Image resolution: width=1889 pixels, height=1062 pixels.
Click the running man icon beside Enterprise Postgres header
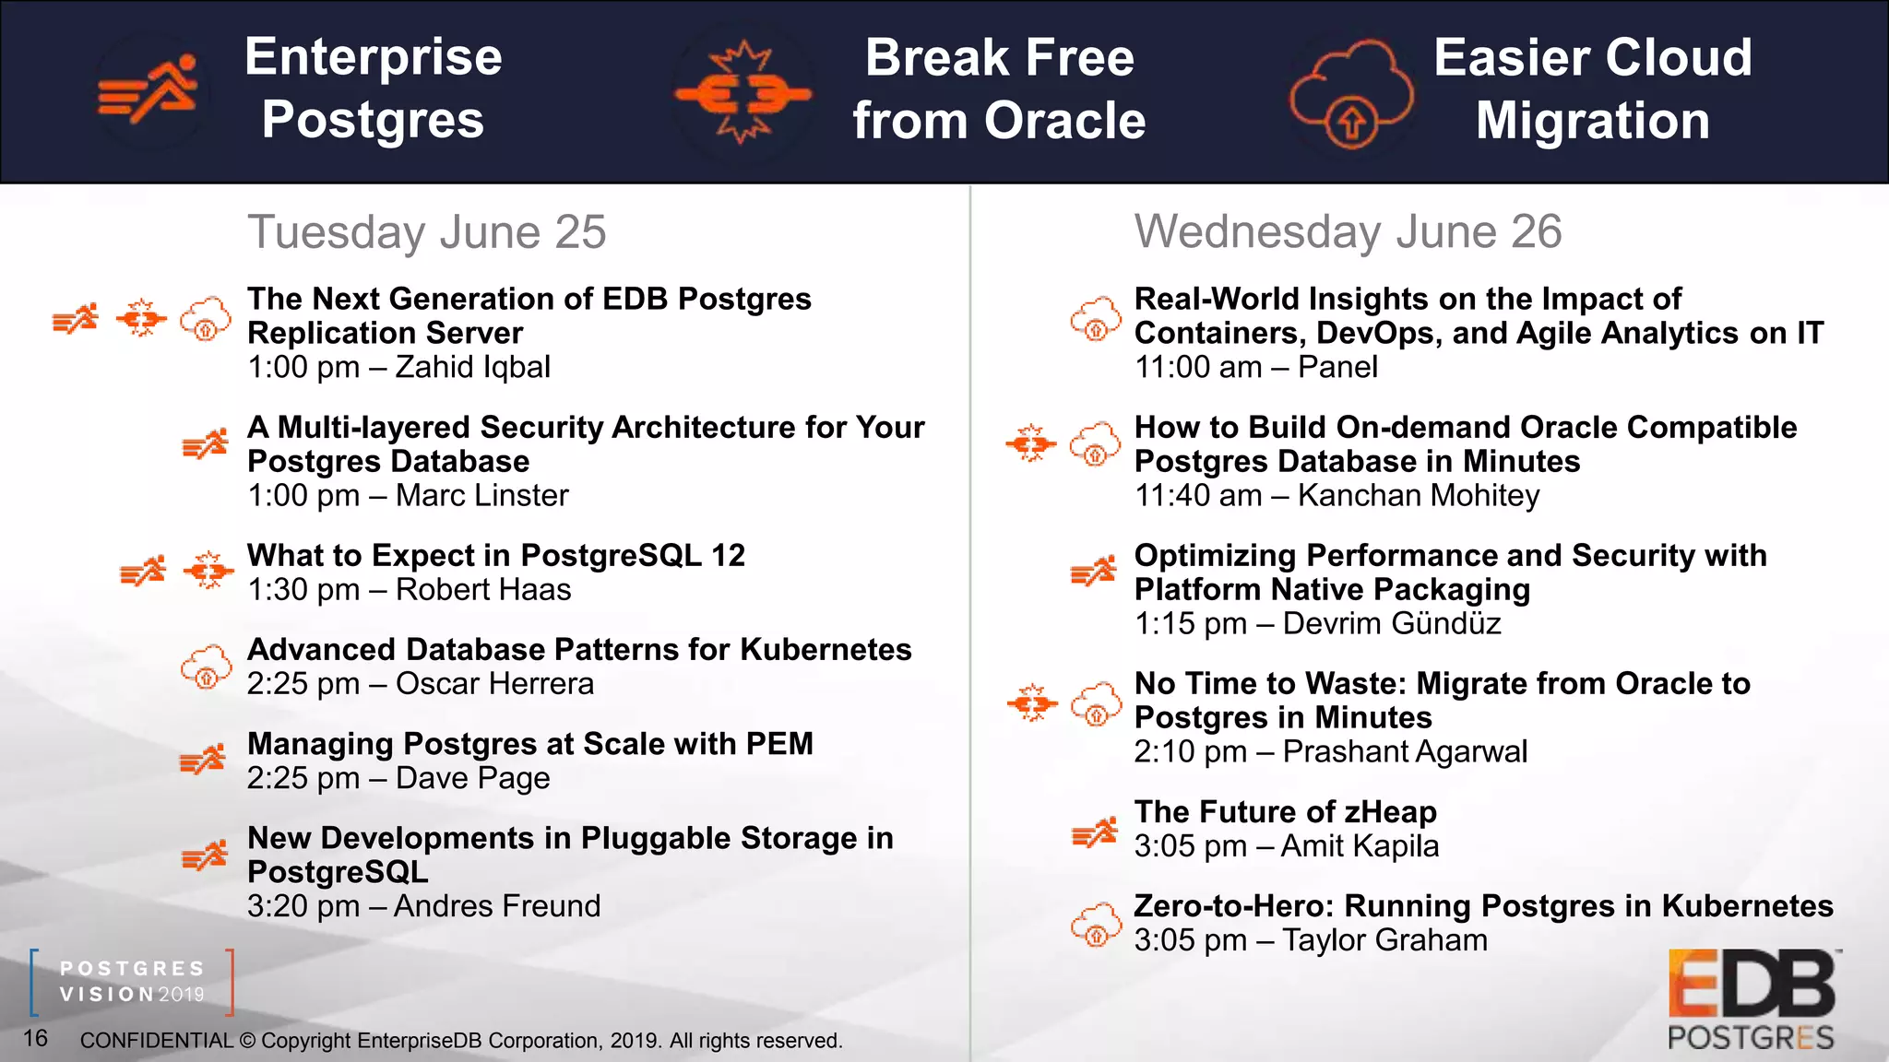pos(150,90)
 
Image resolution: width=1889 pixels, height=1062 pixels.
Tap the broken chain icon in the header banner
pos(743,93)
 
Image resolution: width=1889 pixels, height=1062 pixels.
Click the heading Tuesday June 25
pos(426,231)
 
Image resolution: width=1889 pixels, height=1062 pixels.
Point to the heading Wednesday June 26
pos(1348,231)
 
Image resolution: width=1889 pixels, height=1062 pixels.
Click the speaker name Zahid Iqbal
pos(472,367)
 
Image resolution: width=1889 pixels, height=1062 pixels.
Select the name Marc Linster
pos(481,495)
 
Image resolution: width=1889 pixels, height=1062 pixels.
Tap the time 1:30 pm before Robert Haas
pos(303,590)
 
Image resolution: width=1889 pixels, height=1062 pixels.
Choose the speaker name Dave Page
pos(472,778)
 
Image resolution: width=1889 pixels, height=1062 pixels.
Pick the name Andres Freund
pos(496,906)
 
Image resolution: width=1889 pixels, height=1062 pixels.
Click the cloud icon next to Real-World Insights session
pos(1096,320)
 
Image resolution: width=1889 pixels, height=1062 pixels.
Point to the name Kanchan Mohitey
pos(1418,495)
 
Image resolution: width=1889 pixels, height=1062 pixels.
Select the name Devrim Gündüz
pos(1391,624)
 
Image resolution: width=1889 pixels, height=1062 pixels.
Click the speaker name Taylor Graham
pos(1384,940)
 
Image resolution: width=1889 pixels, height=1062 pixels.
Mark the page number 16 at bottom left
pos(35,1038)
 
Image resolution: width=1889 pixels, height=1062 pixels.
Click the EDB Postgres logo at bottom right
pos(1752,1000)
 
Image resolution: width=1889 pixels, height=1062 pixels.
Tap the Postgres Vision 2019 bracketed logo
pos(132,982)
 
